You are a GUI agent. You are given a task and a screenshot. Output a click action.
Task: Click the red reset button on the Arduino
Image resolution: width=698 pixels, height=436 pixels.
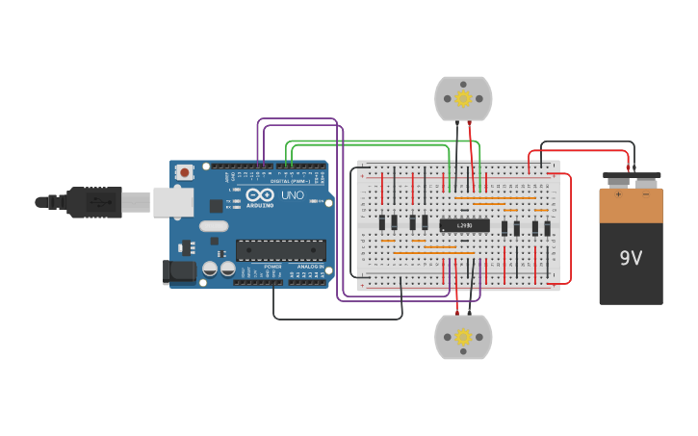point(184,172)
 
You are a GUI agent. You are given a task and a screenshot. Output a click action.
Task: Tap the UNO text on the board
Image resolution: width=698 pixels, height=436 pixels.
point(292,195)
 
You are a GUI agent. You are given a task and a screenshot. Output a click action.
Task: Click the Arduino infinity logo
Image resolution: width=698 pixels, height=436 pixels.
point(258,195)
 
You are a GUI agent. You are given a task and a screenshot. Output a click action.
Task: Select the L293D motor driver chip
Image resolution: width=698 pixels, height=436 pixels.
point(464,225)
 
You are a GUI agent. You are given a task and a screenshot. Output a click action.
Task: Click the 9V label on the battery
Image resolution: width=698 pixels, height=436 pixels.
point(631,258)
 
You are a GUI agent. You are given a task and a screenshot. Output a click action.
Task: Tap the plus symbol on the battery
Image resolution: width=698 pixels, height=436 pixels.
point(618,193)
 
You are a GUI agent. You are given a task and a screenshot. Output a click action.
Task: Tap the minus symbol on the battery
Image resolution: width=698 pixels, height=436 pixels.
point(645,193)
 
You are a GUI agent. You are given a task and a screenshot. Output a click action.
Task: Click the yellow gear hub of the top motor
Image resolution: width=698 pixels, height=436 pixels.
point(463,98)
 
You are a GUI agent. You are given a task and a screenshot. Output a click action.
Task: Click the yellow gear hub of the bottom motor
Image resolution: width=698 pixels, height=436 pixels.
point(463,337)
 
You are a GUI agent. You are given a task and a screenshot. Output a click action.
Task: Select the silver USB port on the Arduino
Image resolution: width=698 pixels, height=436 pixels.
point(172,201)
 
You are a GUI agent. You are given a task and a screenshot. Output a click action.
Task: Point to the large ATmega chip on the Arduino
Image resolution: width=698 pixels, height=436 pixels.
point(280,250)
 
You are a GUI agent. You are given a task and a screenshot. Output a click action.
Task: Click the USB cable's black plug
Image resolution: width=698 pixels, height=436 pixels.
point(93,202)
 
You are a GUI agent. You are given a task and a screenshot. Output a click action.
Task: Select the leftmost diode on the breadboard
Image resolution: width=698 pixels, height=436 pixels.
point(382,222)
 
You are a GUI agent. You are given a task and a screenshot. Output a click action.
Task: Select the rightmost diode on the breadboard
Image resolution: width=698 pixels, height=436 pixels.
point(547,228)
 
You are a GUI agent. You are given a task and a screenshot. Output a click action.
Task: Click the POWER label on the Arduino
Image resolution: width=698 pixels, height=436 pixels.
point(273,267)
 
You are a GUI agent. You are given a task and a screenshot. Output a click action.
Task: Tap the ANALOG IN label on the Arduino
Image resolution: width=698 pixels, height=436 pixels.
point(312,267)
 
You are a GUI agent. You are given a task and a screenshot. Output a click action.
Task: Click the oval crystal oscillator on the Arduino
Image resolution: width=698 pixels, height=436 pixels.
point(214,226)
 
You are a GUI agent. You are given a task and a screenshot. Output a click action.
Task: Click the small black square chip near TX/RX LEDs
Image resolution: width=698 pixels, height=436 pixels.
point(216,206)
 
